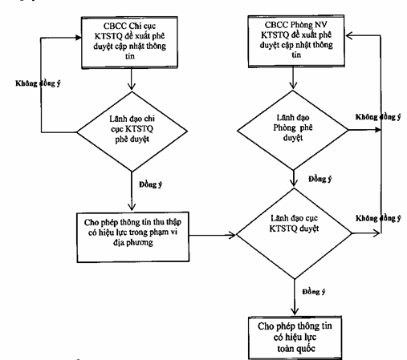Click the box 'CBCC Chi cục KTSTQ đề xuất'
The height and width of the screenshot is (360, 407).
[129, 42]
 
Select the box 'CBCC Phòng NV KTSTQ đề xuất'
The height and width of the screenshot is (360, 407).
[296, 41]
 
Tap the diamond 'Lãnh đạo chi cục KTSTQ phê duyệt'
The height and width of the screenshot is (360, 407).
[132, 131]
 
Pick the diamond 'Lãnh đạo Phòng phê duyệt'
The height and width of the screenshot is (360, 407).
[293, 130]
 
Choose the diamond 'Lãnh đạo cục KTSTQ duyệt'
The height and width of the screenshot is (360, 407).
[294, 233]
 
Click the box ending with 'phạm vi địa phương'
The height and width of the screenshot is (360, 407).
[133, 237]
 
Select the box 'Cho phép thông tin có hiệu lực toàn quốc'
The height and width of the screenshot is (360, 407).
[295, 338]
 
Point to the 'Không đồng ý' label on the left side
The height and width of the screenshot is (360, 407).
[38, 83]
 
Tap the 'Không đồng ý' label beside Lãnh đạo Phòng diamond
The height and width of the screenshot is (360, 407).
[378, 117]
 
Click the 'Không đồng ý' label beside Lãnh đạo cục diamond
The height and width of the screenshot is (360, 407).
[378, 218]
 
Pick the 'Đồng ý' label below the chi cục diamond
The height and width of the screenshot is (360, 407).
[151, 184]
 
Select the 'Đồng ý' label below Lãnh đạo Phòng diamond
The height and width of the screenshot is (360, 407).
[320, 179]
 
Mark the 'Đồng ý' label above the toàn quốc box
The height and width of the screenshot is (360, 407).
[314, 292]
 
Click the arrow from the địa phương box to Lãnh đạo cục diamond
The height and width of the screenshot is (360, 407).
[213, 235]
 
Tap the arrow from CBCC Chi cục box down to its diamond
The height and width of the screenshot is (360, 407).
[132, 79]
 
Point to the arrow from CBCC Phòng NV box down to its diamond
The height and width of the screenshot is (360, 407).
[293, 78]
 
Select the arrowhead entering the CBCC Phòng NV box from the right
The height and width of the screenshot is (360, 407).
[348, 35]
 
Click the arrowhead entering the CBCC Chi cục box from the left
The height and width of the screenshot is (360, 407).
[78, 38]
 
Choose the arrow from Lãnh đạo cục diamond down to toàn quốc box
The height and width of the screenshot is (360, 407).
[295, 297]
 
